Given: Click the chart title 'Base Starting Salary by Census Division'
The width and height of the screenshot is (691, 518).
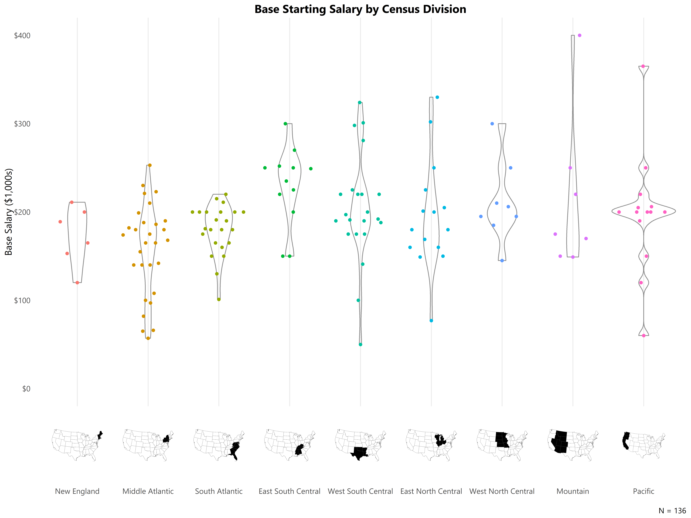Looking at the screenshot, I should [x=360, y=9].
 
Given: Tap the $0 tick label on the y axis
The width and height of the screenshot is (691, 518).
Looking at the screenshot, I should [x=26, y=389].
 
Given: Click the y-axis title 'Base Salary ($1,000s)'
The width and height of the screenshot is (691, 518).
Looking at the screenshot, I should [x=9, y=212].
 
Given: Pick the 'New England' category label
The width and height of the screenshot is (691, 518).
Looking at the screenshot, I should [x=77, y=491].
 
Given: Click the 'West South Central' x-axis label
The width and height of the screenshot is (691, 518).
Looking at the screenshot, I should [x=360, y=491].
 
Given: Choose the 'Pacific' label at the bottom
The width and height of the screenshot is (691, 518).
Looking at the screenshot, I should [x=643, y=491].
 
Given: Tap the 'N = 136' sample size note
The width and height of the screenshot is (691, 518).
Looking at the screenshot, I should [x=672, y=511].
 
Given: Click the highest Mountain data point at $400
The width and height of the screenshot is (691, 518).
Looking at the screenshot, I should [x=579, y=35].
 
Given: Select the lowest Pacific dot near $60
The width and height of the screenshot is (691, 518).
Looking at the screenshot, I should [x=643, y=336].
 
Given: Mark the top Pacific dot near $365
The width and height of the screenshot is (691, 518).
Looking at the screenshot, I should [x=643, y=66].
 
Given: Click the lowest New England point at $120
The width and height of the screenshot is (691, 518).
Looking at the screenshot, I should [x=77, y=283].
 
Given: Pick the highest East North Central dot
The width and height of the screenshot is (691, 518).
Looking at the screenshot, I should [x=437, y=97].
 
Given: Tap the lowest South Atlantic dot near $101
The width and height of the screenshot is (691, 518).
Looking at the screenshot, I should [x=219, y=299].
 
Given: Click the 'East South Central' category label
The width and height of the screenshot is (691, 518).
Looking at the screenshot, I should [x=290, y=491].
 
